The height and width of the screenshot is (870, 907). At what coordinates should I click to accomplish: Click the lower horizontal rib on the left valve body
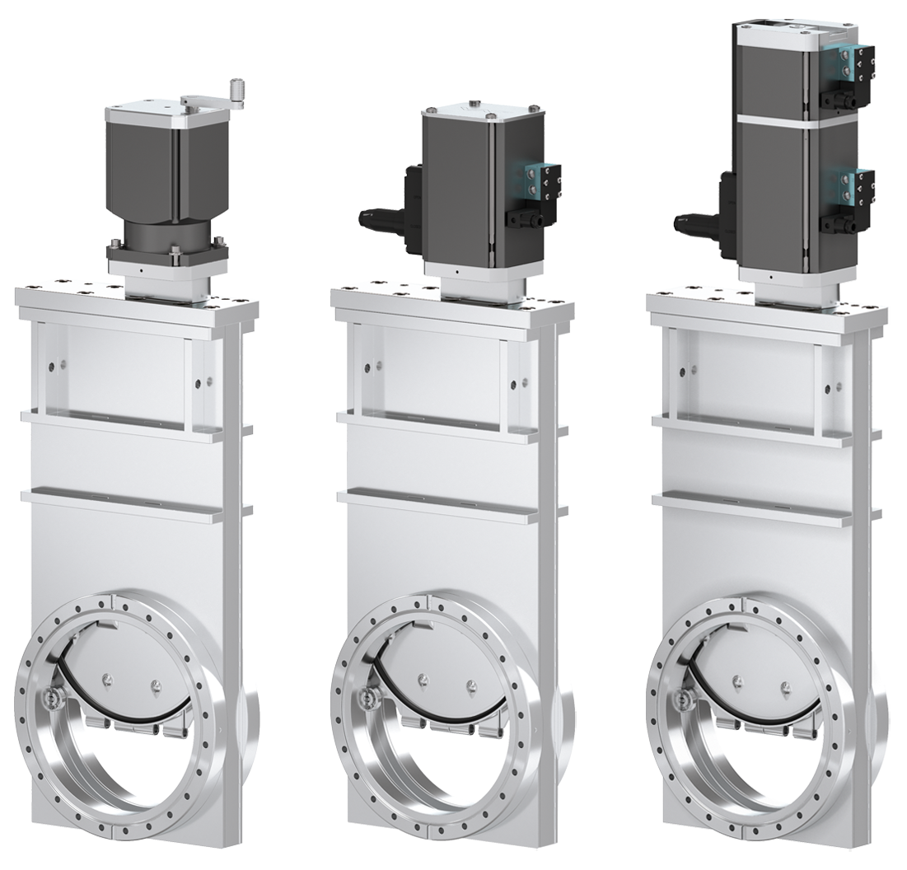(x=124, y=503)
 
